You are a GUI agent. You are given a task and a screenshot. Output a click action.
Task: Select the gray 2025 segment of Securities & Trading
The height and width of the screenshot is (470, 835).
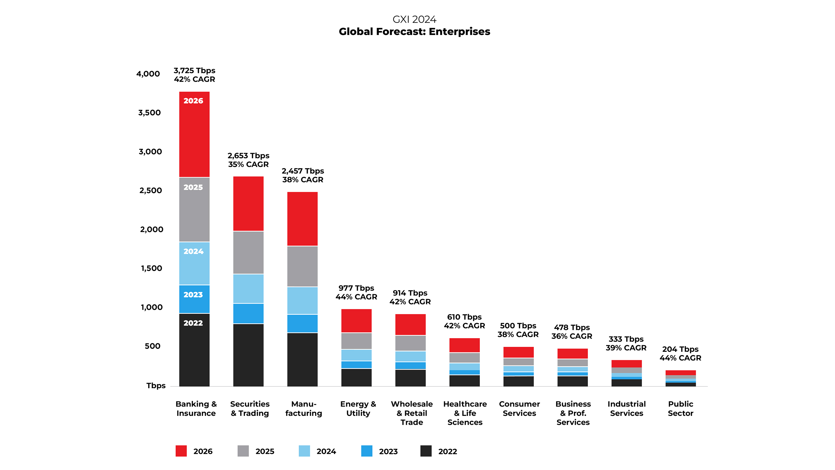pos(248,252)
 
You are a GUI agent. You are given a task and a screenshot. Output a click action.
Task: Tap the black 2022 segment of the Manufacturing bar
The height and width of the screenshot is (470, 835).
pos(302,360)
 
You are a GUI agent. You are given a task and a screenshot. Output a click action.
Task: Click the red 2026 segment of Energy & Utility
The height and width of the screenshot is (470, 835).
pos(356,321)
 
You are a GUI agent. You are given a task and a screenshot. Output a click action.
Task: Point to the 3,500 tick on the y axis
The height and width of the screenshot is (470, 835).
pos(149,113)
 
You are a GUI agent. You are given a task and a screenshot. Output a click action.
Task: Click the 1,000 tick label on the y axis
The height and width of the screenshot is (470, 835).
pos(151,307)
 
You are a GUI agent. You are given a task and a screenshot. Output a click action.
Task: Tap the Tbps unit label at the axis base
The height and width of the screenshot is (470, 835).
pos(156,385)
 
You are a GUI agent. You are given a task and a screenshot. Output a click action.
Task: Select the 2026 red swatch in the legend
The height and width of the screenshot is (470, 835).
pos(181,451)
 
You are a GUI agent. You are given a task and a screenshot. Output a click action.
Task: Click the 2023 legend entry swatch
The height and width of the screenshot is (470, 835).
pos(366,451)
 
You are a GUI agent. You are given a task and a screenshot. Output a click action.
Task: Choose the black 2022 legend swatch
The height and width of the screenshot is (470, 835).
pos(426,451)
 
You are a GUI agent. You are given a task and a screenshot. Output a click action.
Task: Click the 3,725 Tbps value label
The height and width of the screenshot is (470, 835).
pos(194,70)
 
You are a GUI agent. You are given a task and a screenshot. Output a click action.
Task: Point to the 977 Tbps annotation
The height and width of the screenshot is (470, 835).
pos(356,288)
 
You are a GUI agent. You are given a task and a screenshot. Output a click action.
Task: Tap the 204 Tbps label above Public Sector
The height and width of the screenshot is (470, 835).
pos(680,349)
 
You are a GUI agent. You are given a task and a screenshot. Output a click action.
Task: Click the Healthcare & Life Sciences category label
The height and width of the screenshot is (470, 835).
pos(465,413)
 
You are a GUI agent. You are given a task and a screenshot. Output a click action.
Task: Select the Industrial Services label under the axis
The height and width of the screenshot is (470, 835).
pos(626,408)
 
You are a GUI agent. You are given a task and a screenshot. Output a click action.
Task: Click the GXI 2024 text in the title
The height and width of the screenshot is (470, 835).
pos(414,19)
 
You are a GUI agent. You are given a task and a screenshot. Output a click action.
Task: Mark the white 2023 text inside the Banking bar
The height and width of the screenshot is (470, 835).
pos(193,295)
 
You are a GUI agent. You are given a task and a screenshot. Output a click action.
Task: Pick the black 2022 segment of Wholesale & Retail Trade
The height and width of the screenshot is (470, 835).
pos(410,378)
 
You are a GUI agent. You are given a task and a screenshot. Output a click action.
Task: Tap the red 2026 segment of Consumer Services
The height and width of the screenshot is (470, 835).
pos(518,352)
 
